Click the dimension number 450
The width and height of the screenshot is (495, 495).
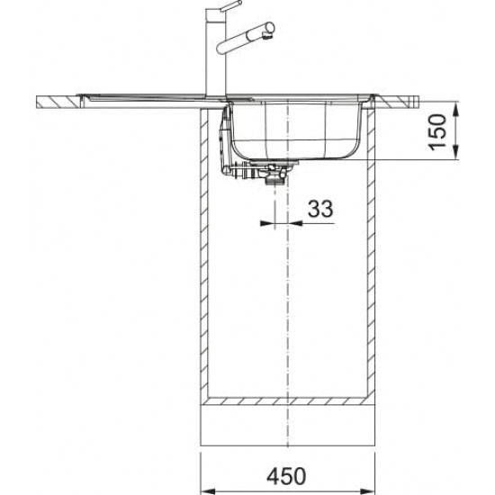click(286, 476)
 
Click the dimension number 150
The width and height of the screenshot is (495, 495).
click(437, 132)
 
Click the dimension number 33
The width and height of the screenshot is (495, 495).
click(320, 209)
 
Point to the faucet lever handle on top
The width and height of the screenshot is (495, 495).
click(230, 6)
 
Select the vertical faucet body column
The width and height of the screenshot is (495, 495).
click(216, 52)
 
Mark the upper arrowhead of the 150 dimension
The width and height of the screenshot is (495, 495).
click(455, 109)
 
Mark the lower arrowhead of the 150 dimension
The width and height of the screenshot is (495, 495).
click(455, 152)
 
